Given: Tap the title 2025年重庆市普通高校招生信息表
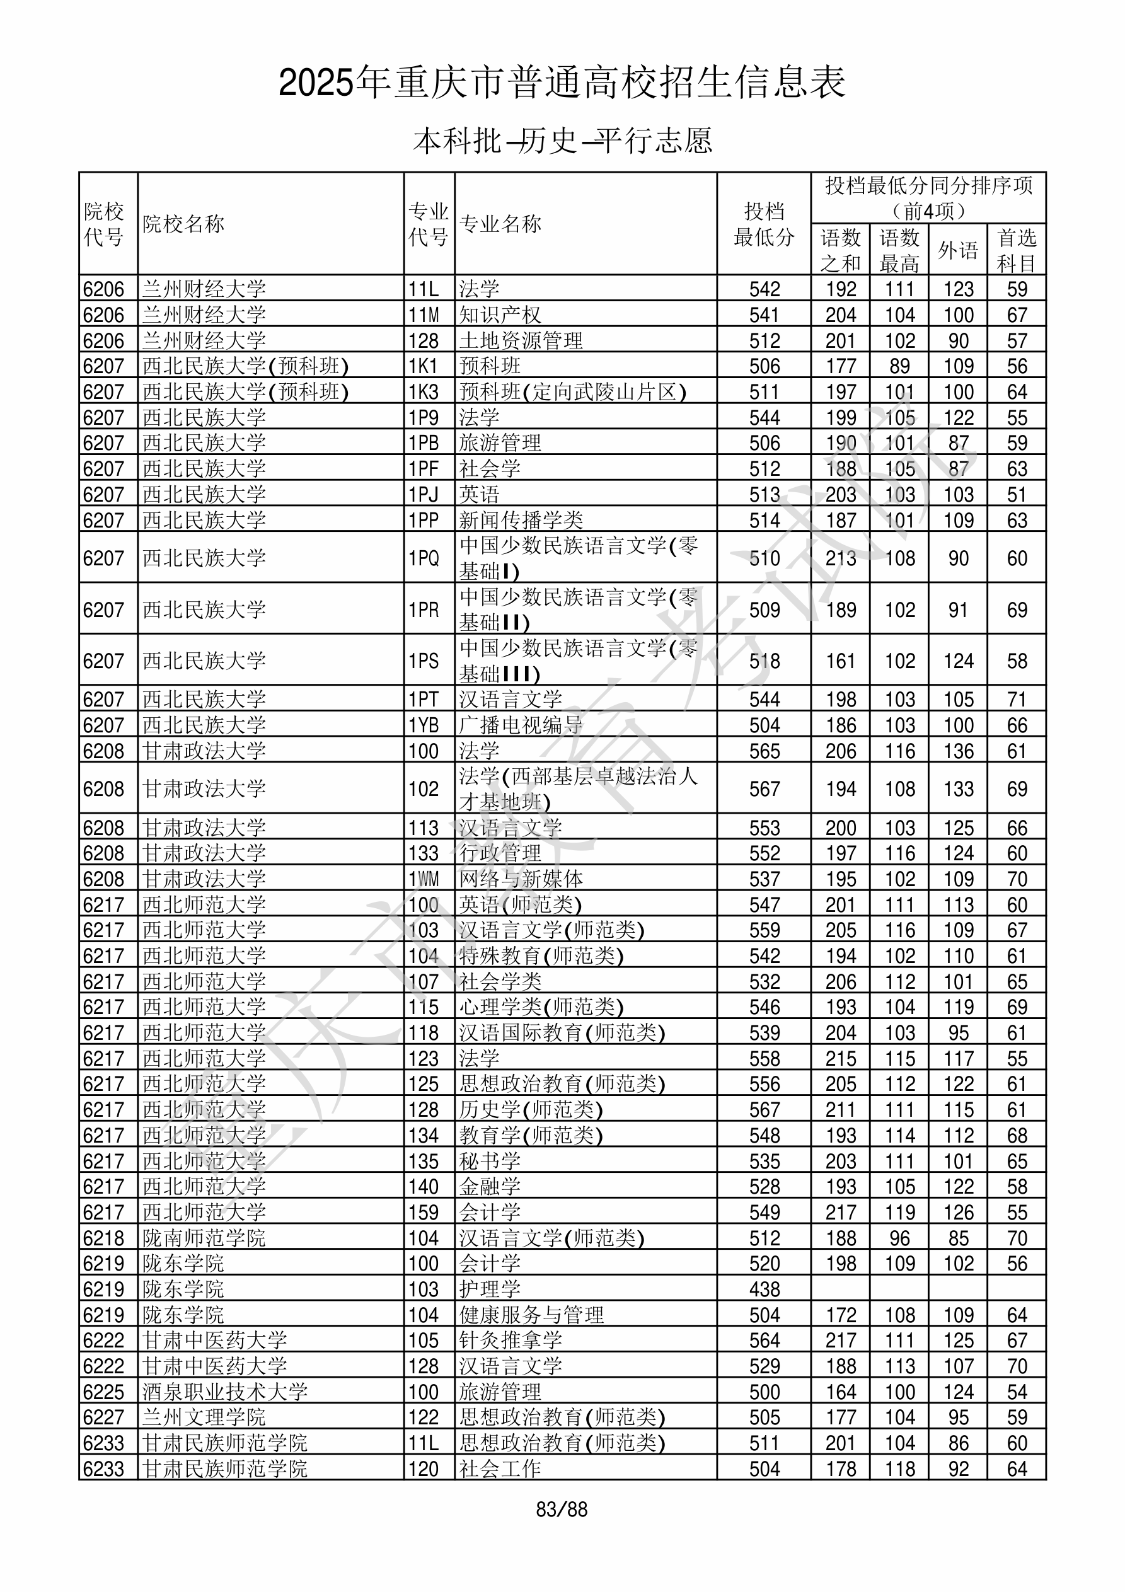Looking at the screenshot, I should coord(562,83).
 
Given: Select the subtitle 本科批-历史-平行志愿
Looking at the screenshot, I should coord(562,141).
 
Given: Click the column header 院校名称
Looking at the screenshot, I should coord(184,224).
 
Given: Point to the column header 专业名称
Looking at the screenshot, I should coord(500,224).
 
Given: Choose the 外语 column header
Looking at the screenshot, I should coord(958,250).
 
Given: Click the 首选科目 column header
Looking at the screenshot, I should coord(1016,250).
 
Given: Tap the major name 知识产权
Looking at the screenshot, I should coord(500,316).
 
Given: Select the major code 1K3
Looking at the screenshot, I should coord(423,393).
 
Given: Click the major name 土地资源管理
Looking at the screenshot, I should coord(521,341).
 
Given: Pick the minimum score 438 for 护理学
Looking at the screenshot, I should coord(764,1289).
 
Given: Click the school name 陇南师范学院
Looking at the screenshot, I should coord(204,1238).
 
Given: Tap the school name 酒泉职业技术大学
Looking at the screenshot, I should coord(225,1392).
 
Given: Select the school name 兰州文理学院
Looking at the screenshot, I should coord(204,1417).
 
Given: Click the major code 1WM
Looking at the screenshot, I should coord(424,879).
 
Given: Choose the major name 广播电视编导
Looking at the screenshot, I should coord(521,725).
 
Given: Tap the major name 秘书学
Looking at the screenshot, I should coord(490,1161).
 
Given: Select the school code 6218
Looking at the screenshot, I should coord(103,1238).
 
